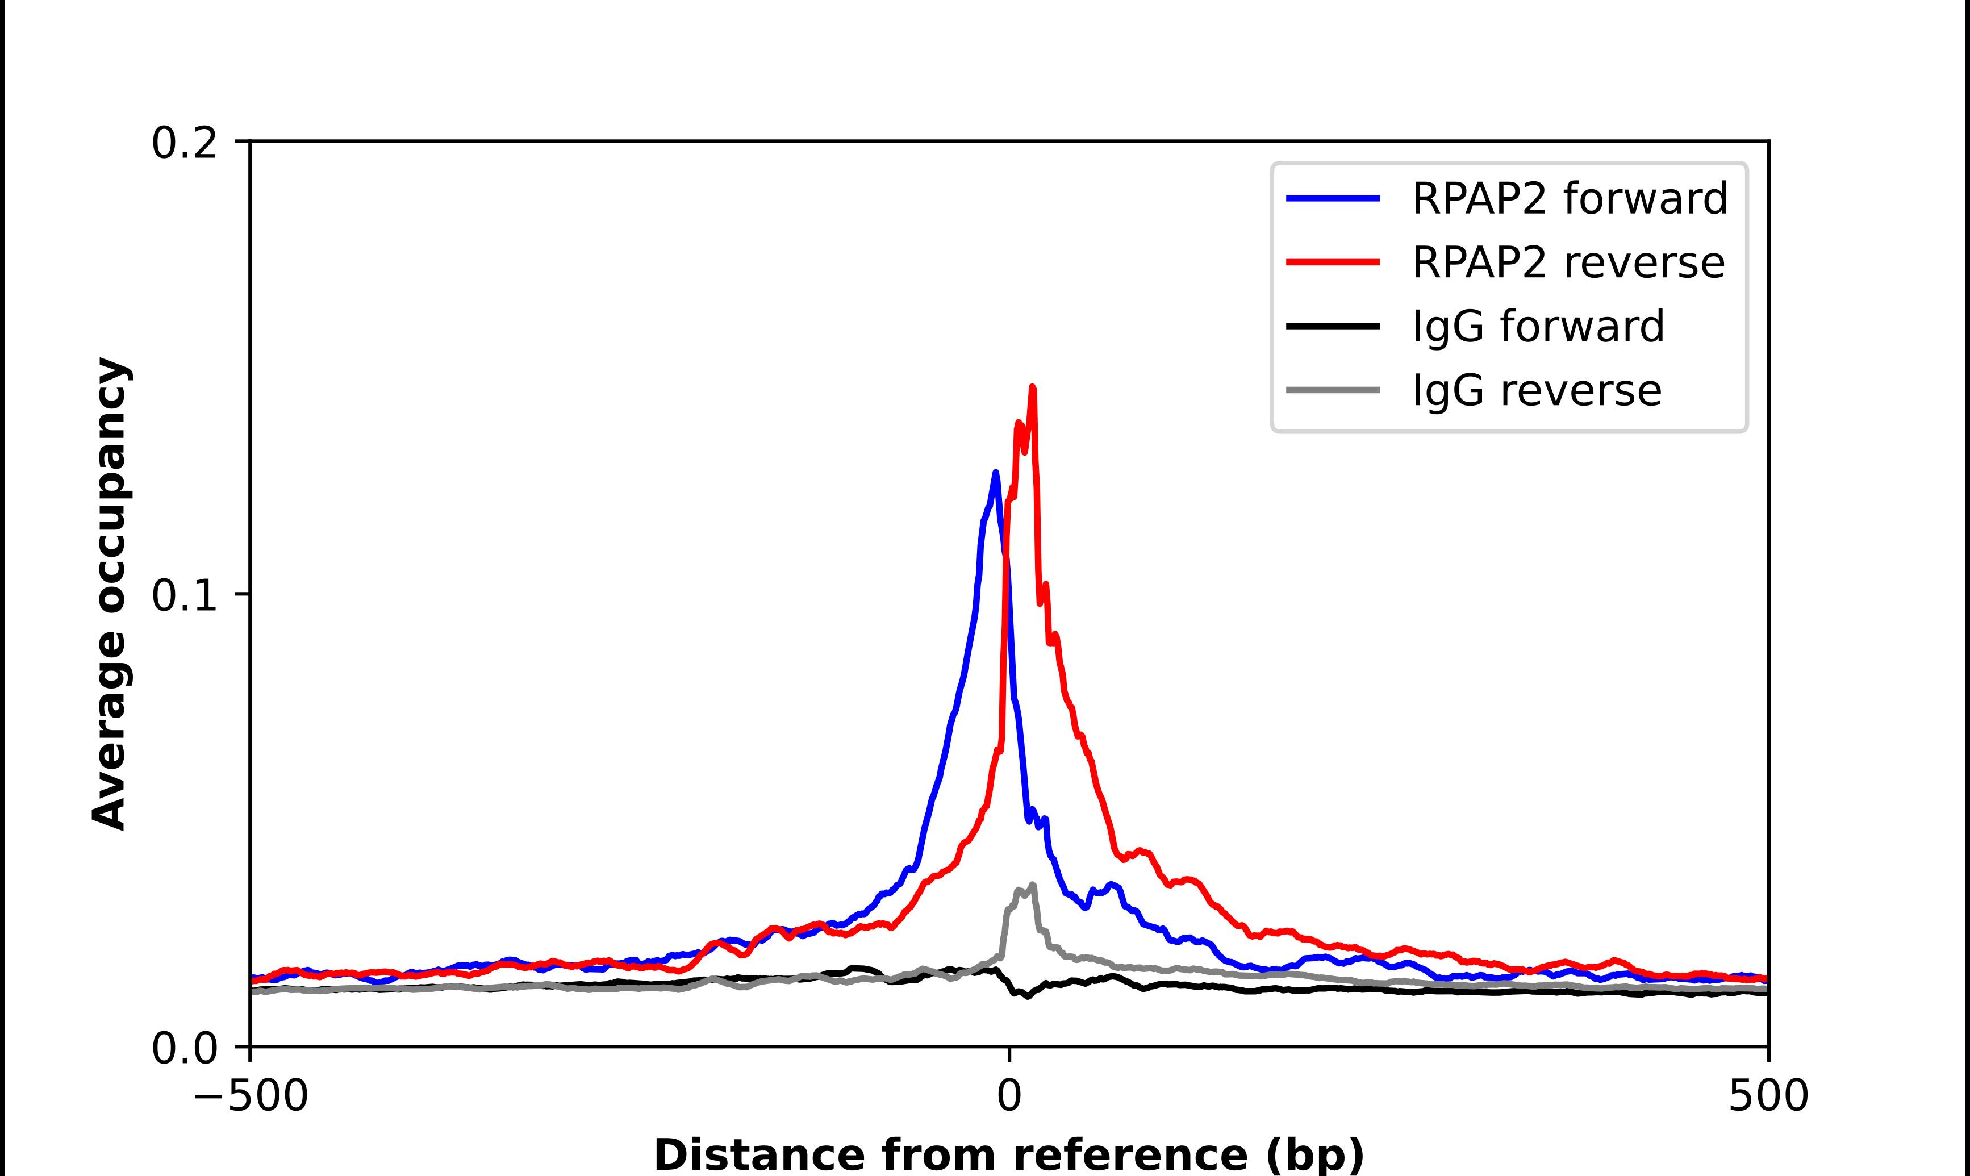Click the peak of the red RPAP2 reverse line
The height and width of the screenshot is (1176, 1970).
click(1032, 387)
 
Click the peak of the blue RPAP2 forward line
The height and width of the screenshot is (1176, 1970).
click(996, 473)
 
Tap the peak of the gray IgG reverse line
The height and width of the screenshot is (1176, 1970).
click(1032, 885)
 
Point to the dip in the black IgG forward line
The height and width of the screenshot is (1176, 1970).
click(1028, 996)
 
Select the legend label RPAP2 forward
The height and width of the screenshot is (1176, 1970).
click(1568, 198)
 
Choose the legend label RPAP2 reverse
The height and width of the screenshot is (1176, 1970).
click(1568, 262)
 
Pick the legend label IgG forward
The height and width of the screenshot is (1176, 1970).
click(1538, 327)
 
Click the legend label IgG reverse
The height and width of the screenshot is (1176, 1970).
click(1536, 391)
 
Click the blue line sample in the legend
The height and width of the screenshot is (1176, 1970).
click(1332, 198)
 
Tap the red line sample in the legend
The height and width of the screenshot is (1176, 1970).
click(1332, 262)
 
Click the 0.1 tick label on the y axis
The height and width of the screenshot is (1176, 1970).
click(184, 596)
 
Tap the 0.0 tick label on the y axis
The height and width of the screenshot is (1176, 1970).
click(184, 1048)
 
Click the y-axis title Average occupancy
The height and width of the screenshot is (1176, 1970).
click(109, 594)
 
